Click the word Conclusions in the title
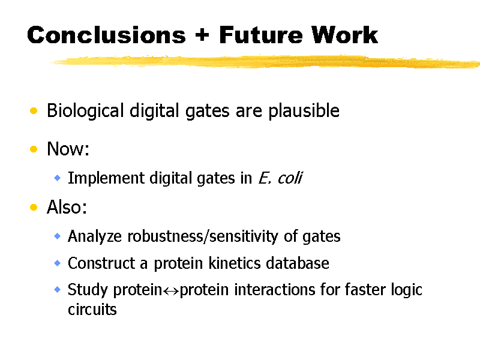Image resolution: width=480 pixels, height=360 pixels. pyautogui.click(x=106, y=35)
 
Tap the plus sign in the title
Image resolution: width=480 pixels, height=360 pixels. pyautogui.click(x=202, y=35)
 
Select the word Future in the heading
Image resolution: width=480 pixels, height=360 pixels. pyautogui.click(x=261, y=35)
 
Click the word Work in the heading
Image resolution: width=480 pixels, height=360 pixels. pyautogui.click(x=344, y=35)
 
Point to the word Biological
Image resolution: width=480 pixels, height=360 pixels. pyautogui.click(x=85, y=111)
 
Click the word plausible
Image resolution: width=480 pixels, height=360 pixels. pyautogui.click(x=304, y=111)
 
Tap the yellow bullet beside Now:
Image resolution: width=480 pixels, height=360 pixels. pyautogui.click(x=34, y=149)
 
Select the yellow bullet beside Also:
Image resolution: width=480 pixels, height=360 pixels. pyautogui.click(x=34, y=207)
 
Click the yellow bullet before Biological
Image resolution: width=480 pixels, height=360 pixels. pyautogui.click(x=34, y=110)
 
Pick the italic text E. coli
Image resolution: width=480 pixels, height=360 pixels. pyautogui.click(x=280, y=178)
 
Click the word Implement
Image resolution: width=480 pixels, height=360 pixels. pyautogui.click(x=106, y=178)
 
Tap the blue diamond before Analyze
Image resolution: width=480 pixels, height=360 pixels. pyautogui.click(x=57, y=236)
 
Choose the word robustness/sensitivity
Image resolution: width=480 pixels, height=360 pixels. pyautogui.click(x=202, y=236)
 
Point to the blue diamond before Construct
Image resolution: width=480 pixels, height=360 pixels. pyautogui.click(x=57, y=263)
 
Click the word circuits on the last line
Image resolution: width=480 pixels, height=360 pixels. pyautogui.click(x=92, y=310)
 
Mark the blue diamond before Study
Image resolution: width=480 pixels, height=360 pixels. pyautogui.click(x=57, y=289)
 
